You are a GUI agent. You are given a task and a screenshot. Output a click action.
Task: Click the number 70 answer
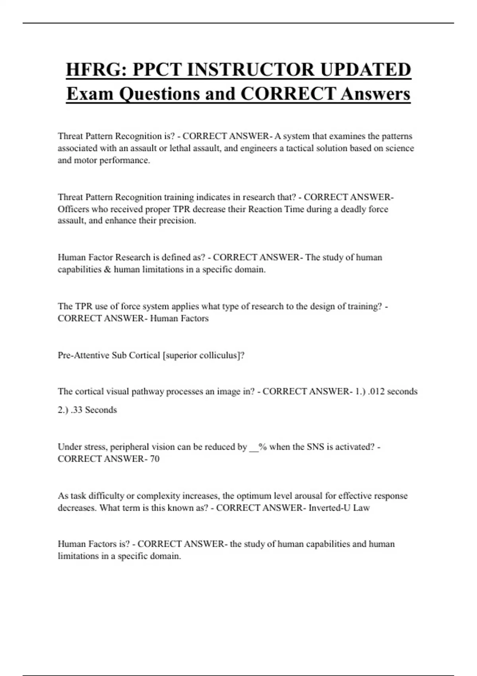tap(155, 459)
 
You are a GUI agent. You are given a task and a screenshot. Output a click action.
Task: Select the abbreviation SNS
tap(315, 447)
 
